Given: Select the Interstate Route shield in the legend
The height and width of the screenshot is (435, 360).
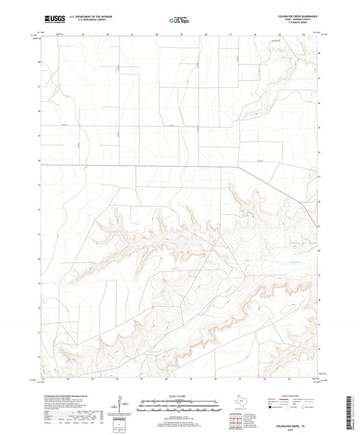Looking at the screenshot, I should [272, 407].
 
